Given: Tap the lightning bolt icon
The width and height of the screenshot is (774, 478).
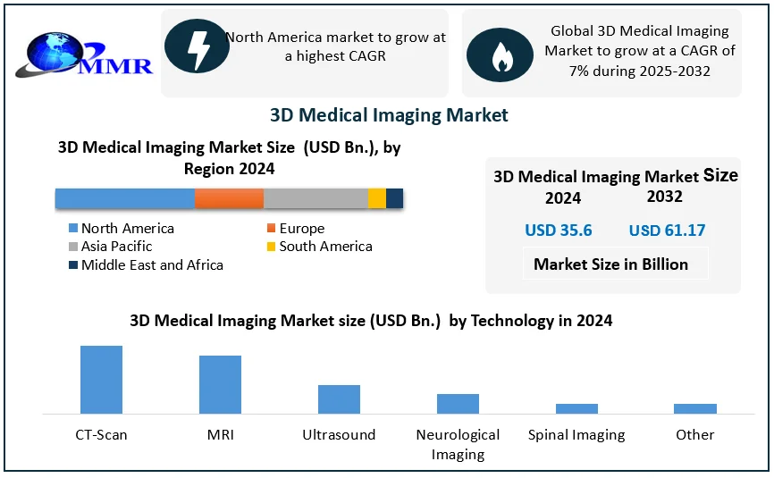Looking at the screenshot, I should (x=197, y=51).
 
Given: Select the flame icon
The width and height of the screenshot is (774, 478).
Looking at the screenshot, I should (x=500, y=55).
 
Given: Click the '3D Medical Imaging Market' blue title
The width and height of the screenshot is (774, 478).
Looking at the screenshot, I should (x=389, y=115).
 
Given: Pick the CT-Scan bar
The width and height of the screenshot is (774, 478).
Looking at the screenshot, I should (x=101, y=379).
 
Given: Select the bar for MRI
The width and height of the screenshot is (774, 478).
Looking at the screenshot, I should (x=220, y=384).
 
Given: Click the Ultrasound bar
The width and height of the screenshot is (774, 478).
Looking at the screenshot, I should (x=339, y=398).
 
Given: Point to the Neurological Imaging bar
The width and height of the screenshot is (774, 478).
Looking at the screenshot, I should (x=458, y=403).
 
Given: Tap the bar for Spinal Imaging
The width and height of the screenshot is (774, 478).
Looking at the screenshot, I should (x=576, y=408).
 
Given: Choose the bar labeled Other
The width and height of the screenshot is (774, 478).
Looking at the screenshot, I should (x=695, y=408).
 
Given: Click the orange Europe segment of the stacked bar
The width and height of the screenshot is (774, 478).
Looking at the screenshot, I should (x=229, y=198).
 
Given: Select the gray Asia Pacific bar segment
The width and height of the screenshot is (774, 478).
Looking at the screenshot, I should (x=315, y=198).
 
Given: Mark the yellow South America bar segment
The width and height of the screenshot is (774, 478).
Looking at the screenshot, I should (x=376, y=198).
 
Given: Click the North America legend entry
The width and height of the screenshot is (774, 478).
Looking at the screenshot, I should (x=120, y=229).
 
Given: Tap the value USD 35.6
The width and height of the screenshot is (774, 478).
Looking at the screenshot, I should (x=559, y=231).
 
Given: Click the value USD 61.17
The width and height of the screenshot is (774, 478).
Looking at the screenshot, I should (x=667, y=231).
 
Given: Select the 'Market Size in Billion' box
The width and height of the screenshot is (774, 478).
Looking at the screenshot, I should (x=611, y=264).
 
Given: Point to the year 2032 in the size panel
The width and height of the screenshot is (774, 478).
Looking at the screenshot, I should (x=665, y=197).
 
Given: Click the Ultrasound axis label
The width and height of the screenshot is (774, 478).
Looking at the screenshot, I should (x=339, y=435).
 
